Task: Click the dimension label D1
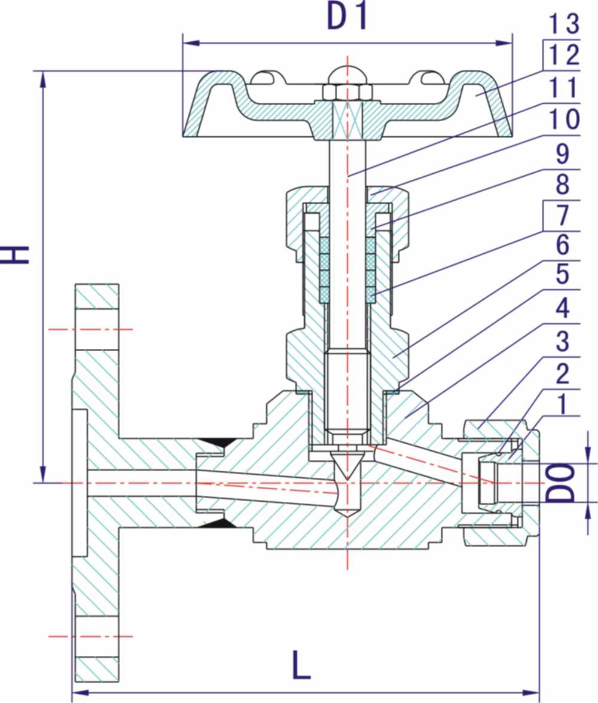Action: coord(346,17)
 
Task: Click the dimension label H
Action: coord(16,254)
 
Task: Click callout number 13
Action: coord(564,23)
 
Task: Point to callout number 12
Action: coord(564,55)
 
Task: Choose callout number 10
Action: coord(564,119)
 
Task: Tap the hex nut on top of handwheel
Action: coord(347,91)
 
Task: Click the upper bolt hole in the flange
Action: coord(96,329)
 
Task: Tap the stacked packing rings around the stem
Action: coord(347,268)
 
